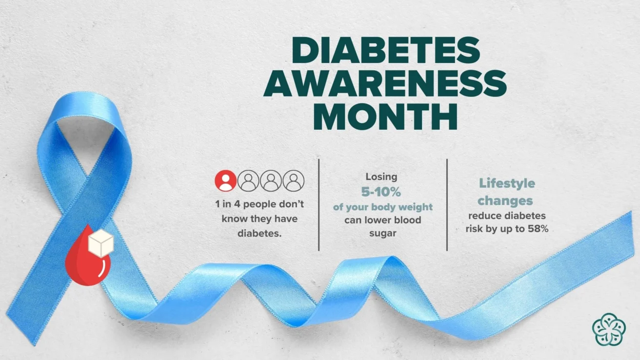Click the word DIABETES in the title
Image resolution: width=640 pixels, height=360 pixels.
[x=385, y=51]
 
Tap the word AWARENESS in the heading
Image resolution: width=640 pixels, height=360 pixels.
[x=385, y=83]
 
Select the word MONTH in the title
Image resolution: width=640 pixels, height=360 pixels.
[x=385, y=116]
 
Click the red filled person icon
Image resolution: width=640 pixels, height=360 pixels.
[x=226, y=180]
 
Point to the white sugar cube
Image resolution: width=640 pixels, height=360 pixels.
[x=101, y=242]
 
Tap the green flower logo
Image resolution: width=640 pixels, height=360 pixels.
[x=609, y=329]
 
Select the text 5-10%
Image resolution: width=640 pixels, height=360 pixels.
[x=381, y=192]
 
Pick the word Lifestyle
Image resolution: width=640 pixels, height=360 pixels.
[x=507, y=183]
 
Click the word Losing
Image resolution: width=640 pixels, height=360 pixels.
[x=381, y=177]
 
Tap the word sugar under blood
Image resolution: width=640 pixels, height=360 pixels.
[x=382, y=233]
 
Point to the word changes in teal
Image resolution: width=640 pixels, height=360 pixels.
[x=505, y=200]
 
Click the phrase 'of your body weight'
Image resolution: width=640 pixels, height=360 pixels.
[x=383, y=207]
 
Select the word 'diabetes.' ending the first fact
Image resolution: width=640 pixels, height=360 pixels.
[x=260, y=234]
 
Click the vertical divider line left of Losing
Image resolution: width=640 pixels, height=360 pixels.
[x=319, y=205]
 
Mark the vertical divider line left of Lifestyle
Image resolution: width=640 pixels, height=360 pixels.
[x=447, y=205]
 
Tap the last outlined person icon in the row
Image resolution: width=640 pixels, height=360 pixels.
[x=294, y=180]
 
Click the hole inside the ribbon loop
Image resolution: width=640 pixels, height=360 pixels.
[x=86, y=143]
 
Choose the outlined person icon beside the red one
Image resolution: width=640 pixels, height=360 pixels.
[x=248, y=180]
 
